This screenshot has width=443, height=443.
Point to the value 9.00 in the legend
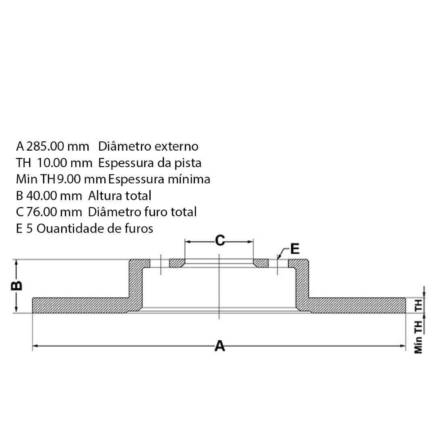point(69,179)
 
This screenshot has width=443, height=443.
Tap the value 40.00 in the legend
point(43,195)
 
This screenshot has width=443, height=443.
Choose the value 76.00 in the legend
point(42,212)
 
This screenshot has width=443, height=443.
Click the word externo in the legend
point(176,146)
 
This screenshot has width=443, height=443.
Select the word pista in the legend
point(188,163)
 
